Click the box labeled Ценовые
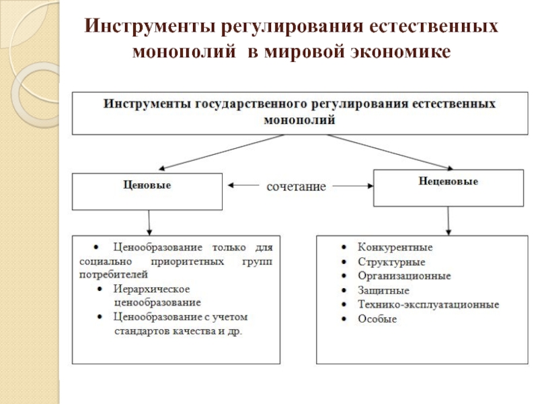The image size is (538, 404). pos(147,191)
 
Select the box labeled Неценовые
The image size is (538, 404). pos(449,188)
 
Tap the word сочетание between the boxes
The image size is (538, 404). pos(296,187)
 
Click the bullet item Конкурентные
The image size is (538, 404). pos(395,247)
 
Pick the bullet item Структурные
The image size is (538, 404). pos(391,262)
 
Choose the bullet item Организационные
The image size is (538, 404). pos(404,276)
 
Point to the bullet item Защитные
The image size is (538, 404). pos(383,290)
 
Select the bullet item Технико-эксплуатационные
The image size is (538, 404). pos(428,304)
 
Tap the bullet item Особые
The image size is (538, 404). pos(377,318)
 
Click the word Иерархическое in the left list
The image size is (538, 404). pos(151,289)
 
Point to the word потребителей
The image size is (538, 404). pos(114,275)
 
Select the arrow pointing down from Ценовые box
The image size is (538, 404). pos(149,223)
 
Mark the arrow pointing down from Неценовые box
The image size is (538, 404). pos(448,221)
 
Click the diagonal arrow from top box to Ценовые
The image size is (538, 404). pos(221,152)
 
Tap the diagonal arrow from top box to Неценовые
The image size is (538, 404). pos(390,152)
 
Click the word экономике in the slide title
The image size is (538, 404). pos(400,52)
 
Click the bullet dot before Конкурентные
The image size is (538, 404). pos(344,247)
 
